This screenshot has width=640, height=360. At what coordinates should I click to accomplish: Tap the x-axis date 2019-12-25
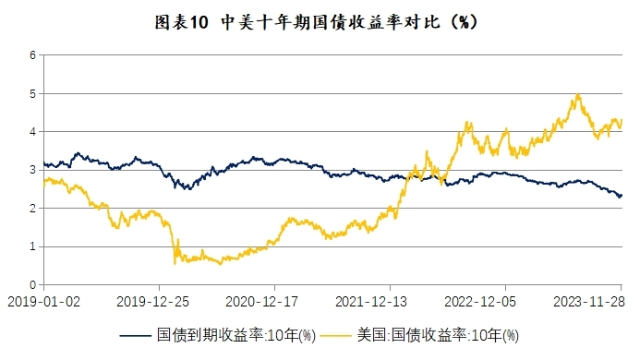click(153, 301)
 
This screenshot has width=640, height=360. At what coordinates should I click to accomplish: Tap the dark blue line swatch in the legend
click(137, 334)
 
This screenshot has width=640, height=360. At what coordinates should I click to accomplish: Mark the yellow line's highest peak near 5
click(577, 95)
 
